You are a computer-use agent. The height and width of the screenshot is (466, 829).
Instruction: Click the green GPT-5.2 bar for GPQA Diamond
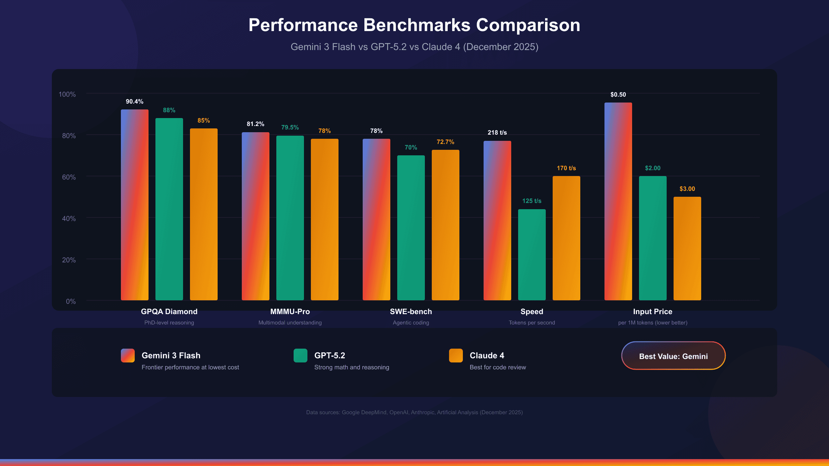click(169, 209)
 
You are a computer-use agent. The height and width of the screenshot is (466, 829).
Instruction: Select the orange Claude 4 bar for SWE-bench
click(445, 225)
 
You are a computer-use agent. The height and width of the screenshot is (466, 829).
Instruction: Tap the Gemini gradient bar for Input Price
click(618, 201)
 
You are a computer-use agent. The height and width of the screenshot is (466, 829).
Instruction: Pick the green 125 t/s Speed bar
click(532, 254)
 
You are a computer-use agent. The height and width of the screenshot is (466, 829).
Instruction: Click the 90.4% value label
click(134, 101)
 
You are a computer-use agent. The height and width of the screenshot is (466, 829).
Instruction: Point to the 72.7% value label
click(445, 142)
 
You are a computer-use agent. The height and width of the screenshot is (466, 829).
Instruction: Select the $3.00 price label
click(687, 189)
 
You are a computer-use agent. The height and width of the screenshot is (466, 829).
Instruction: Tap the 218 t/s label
click(497, 133)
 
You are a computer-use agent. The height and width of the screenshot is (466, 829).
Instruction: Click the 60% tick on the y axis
click(69, 177)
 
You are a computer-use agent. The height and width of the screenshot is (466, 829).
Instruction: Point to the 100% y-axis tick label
click(67, 94)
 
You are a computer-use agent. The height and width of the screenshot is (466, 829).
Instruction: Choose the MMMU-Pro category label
click(290, 311)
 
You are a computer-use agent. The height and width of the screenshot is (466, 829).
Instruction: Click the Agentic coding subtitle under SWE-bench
click(411, 322)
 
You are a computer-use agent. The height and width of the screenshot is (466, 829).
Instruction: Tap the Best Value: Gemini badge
click(673, 356)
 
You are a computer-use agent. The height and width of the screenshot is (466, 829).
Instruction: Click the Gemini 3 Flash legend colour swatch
click(127, 355)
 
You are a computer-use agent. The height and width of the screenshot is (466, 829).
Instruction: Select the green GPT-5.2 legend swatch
click(300, 355)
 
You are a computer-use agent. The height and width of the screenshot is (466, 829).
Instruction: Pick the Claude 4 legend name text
click(487, 355)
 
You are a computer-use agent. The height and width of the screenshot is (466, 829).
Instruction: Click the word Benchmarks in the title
click(417, 25)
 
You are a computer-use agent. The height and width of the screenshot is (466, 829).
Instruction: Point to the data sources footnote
click(414, 412)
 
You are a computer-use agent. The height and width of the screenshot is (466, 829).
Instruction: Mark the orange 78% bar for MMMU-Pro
click(324, 219)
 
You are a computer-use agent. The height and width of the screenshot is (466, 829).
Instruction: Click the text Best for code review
click(497, 367)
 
